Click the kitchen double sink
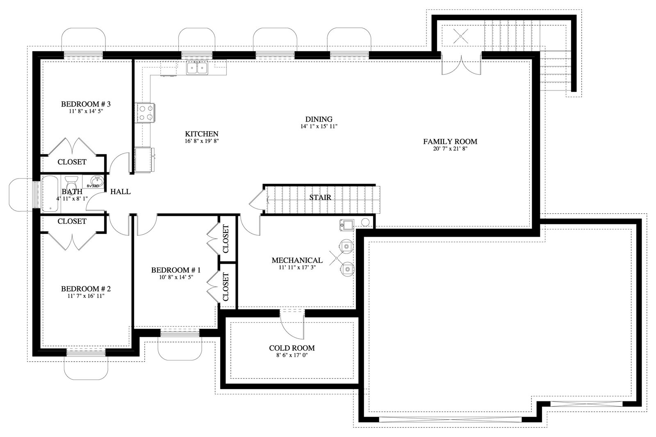[197, 68]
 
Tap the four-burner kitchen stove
[146, 113]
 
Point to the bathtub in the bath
[51, 194]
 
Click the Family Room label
[450, 142]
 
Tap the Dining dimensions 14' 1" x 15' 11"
[319, 127]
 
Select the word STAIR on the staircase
[320, 197]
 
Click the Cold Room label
[292, 348]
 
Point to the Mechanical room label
[297, 260]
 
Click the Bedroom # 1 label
[176, 270]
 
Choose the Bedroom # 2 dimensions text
[86, 296]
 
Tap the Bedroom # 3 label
[86, 104]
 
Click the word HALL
[121, 192]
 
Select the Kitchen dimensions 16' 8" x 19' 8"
[202, 141]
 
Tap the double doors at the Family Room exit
[461, 64]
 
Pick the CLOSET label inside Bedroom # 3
[72, 162]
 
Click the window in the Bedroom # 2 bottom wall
[86, 353]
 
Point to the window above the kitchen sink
[196, 55]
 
